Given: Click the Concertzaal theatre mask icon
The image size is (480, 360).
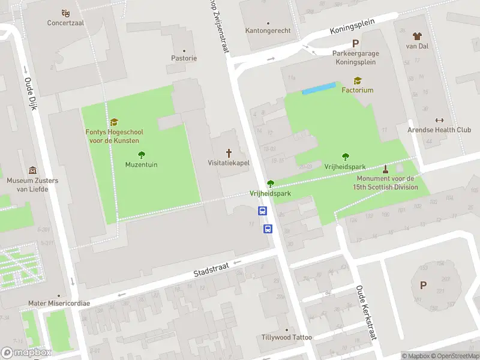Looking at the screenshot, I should [x=65, y=13].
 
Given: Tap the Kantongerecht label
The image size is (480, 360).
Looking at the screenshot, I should [x=268, y=31].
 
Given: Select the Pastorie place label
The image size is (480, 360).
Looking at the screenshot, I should [x=184, y=58].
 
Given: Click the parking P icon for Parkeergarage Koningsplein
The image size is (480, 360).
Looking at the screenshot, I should [x=355, y=43].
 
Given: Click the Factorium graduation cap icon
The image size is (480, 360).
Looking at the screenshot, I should [x=358, y=80].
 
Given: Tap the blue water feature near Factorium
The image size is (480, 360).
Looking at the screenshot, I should [x=318, y=89].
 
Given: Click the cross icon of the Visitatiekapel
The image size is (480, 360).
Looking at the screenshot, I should [x=228, y=152].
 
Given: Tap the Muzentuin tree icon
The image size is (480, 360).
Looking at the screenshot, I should [x=142, y=154].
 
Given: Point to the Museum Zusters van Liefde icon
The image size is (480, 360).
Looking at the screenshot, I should [x=32, y=170].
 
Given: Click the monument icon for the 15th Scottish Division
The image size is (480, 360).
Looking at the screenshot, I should [x=385, y=169].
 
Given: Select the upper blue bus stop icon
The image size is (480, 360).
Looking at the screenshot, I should [x=263, y=211].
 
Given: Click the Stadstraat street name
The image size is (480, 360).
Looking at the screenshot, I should [x=211, y=268].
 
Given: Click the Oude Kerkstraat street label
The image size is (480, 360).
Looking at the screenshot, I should [x=365, y=312].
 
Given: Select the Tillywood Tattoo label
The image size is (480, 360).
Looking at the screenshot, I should [x=287, y=337].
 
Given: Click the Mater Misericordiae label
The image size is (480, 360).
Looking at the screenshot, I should [x=59, y=304].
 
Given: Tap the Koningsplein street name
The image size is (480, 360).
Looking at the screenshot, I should [x=352, y=27].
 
